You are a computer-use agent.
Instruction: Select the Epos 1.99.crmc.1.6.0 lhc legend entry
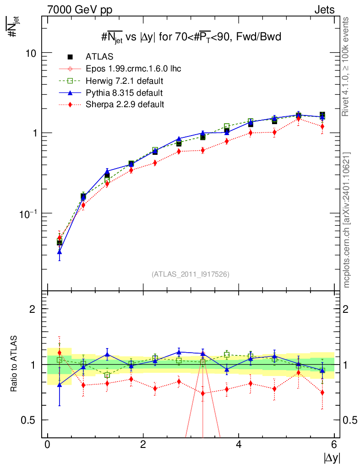(133, 69)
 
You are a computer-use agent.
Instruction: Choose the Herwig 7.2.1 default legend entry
(125, 81)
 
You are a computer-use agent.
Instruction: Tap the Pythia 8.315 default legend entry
(124, 93)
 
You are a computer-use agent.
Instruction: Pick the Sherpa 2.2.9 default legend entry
(125, 104)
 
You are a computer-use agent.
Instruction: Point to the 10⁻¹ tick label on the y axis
(28, 213)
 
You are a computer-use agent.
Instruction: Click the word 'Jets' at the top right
(324, 10)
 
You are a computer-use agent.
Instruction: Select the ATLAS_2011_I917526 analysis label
(191, 274)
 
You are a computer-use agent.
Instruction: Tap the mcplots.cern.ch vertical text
(347, 220)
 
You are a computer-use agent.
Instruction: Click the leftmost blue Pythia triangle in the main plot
(60, 252)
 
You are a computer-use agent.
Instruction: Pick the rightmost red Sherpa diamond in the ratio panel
(322, 393)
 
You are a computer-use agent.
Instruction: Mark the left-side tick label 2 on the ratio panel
(33, 309)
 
